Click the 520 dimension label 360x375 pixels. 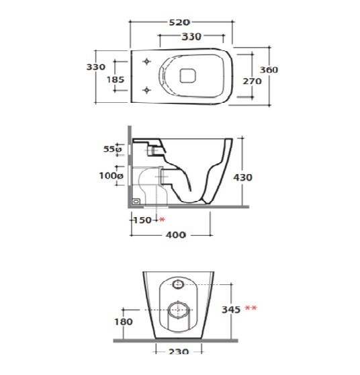[179, 22]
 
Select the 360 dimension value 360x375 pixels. [269, 70]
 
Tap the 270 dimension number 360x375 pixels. [252, 81]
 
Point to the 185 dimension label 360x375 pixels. [116, 79]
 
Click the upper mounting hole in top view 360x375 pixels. [146, 61]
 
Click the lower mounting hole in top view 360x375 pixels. [146, 90]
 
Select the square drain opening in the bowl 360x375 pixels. [187, 76]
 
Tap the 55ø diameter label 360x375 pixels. [112, 149]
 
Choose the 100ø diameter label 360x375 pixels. [111, 176]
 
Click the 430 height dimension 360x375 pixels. [242, 177]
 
